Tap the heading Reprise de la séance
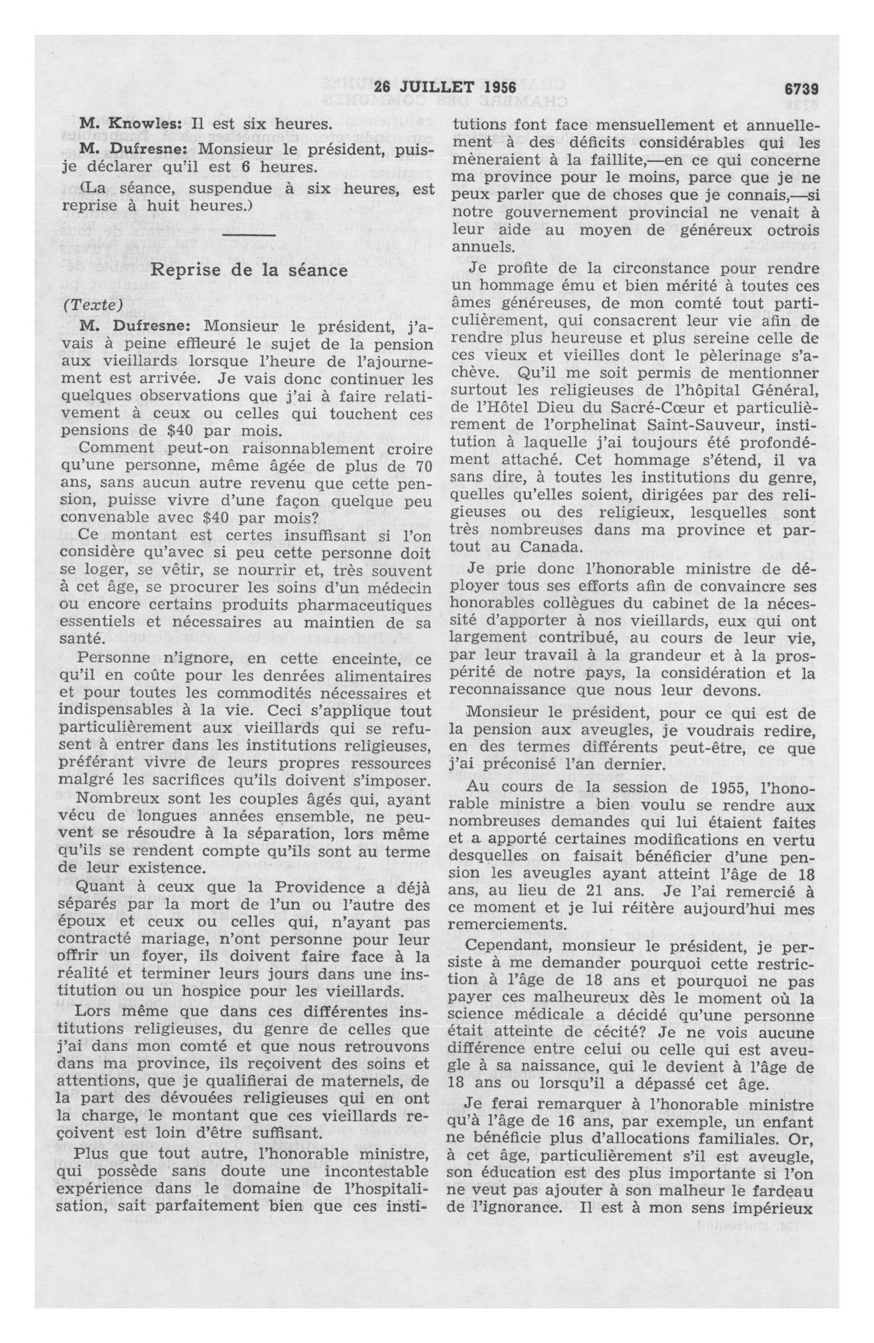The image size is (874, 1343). [x=249, y=270]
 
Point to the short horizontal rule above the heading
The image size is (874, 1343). [x=249, y=235]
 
